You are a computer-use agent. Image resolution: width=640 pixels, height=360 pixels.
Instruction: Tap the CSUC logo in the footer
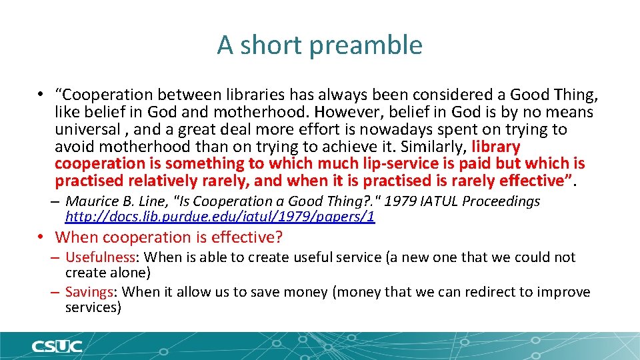[x=57, y=347]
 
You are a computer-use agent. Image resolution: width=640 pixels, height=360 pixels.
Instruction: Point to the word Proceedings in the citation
[x=494, y=201]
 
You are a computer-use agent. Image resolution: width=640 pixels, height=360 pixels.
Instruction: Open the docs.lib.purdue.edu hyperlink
[x=220, y=217]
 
